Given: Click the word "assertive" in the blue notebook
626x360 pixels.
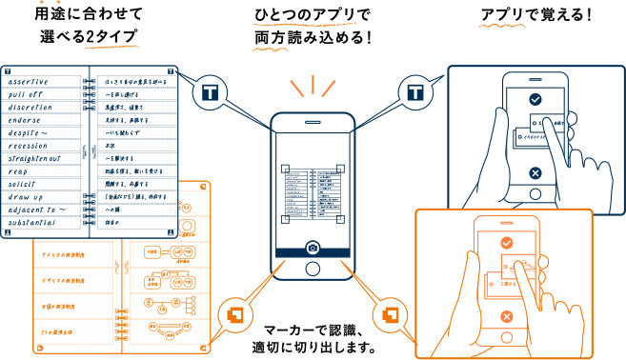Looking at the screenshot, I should tap(35, 82).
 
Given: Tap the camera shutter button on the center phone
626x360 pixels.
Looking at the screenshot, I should tap(313, 248).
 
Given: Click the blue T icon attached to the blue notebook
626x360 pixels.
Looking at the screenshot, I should tap(211, 93).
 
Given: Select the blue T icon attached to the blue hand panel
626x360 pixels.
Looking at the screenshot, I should tap(414, 93).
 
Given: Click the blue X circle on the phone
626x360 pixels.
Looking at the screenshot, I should tap(535, 172).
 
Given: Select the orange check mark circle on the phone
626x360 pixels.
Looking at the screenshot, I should tap(507, 243).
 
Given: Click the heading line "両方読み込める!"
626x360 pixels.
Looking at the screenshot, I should tap(313, 38).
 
